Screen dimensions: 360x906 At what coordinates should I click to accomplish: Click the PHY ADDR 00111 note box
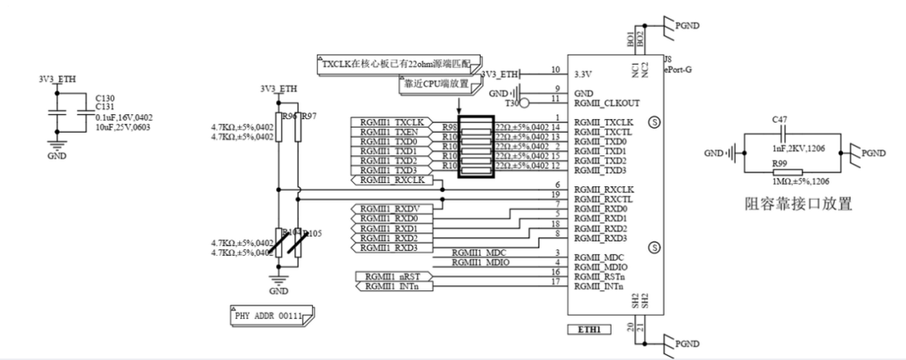(x=269, y=316)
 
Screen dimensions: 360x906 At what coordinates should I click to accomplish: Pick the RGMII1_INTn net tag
(x=393, y=287)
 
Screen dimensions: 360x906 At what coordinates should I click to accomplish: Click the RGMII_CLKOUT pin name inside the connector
(x=607, y=103)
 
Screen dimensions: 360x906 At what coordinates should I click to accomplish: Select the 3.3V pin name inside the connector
(x=586, y=74)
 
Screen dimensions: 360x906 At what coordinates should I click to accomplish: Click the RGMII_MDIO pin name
(x=601, y=267)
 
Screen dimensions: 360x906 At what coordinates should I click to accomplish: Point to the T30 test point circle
(x=523, y=104)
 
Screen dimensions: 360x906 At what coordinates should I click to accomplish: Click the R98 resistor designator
(x=449, y=125)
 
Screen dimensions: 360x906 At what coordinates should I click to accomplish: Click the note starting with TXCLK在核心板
(x=398, y=64)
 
